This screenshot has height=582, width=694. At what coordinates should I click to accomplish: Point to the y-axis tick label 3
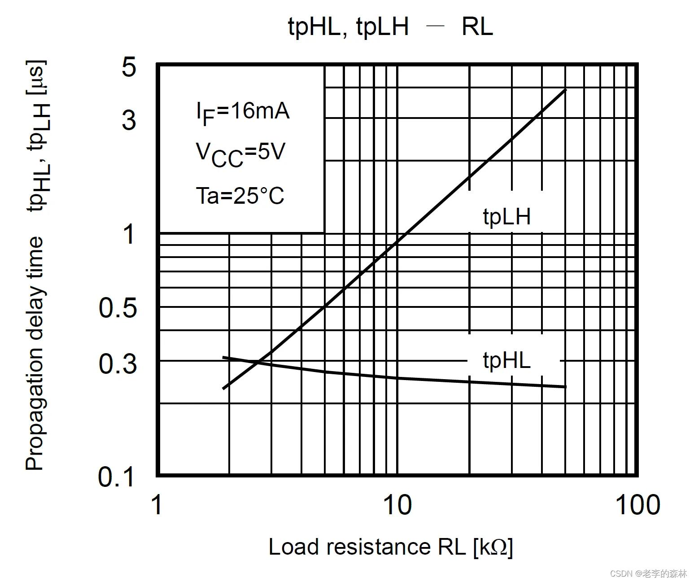click(129, 120)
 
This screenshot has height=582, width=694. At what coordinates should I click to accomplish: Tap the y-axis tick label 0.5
click(118, 308)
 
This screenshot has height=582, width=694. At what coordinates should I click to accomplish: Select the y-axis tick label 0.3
click(118, 363)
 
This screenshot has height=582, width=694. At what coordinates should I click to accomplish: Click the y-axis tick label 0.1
click(116, 477)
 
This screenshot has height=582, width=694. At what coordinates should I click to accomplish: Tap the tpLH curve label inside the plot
click(506, 217)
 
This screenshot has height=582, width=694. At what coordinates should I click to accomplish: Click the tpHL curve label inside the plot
click(506, 360)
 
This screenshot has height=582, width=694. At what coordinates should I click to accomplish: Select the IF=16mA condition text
click(243, 112)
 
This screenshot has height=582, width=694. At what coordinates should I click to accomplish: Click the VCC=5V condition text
click(240, 153)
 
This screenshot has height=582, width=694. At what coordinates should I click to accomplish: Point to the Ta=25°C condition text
click(240, 196)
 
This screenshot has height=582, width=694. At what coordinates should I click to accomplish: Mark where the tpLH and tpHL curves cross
click(258, 362)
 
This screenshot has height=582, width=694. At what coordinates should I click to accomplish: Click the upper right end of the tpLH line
click(566, 90)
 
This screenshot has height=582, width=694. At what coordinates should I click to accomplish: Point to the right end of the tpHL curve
click(566, 386)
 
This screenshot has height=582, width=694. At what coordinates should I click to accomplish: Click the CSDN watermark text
click(648, 573)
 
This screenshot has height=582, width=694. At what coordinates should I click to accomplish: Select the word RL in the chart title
click(477, 27)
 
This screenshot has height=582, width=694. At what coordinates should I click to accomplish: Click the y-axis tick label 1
click(129, 234)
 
